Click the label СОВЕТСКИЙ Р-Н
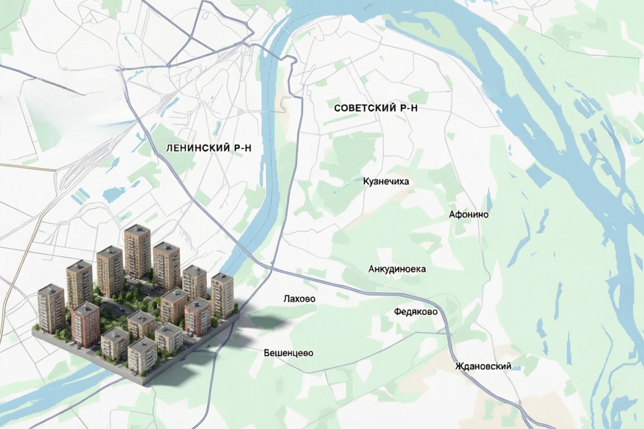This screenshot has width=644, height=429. point(376,108)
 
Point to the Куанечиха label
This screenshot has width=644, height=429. point(386,182)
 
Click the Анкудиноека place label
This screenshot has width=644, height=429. point(397,269)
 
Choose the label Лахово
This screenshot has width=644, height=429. point(299,299)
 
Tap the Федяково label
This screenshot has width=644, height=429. point(415,312)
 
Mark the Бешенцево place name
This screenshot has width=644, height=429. point(288,353)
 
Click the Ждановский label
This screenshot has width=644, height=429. point(483,366)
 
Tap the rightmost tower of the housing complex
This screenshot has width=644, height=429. point(222,294)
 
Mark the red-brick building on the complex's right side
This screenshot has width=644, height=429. point(197,316)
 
